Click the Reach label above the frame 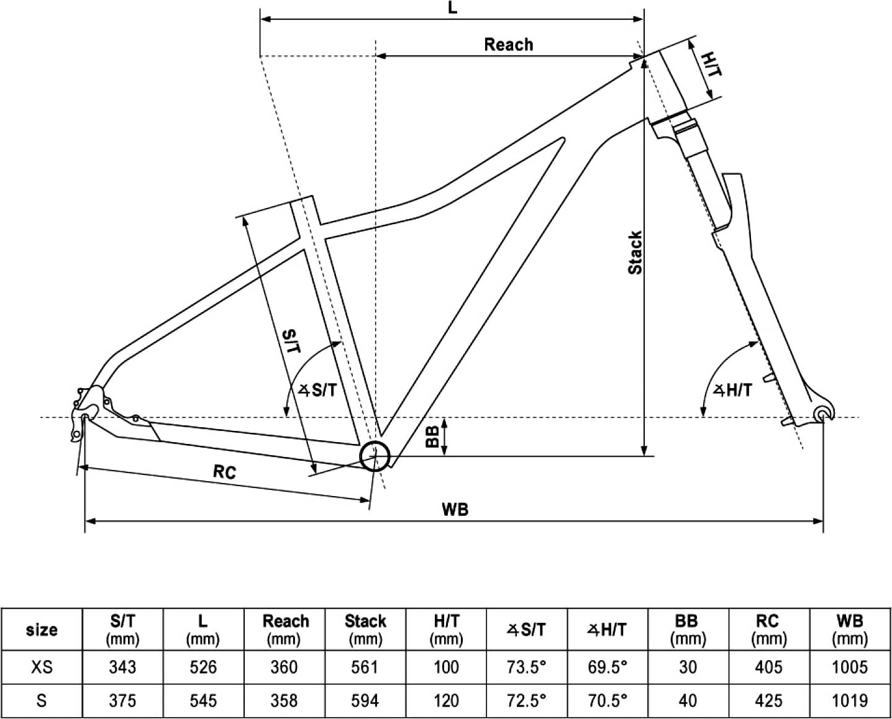coord(509,45)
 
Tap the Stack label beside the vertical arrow coord(635,252)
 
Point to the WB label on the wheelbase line coord(455,509)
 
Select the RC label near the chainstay coord(225,472)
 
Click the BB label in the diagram coord(432,437)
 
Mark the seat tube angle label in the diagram coord(318,390)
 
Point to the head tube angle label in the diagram coord(733,389)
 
